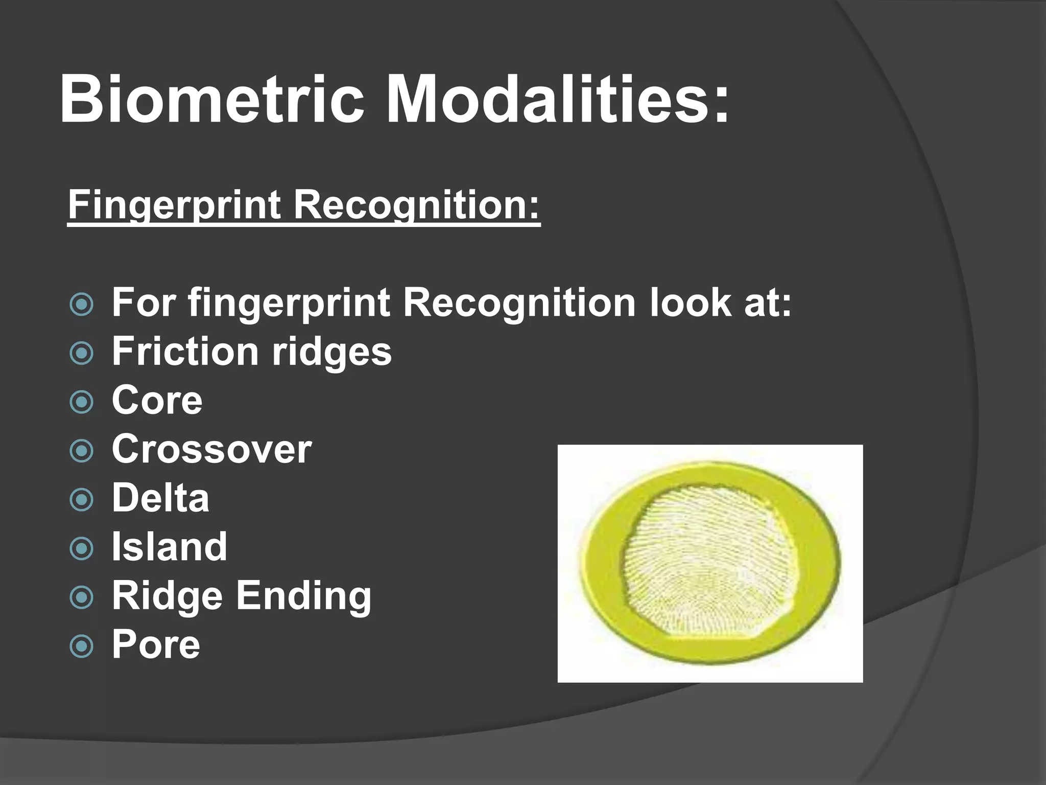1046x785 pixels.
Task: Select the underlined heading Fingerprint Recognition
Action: click(303, 204)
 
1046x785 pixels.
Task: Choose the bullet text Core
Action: click(157, 400)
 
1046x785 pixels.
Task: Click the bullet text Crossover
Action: click(211, 449)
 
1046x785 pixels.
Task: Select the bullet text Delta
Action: click(160, 498)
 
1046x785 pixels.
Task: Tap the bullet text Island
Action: click(169, 546)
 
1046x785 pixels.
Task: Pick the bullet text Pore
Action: click(156, 644)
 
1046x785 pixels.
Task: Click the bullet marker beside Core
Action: click(82, 402)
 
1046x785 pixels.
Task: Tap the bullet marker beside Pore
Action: click(82, 646)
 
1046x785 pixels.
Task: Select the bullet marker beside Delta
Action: click(82, 499)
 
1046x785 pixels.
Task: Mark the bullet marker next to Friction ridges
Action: click(82, 353)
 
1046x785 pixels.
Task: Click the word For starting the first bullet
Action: click(145, 303)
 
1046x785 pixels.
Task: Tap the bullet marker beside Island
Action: click(82, 548)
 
